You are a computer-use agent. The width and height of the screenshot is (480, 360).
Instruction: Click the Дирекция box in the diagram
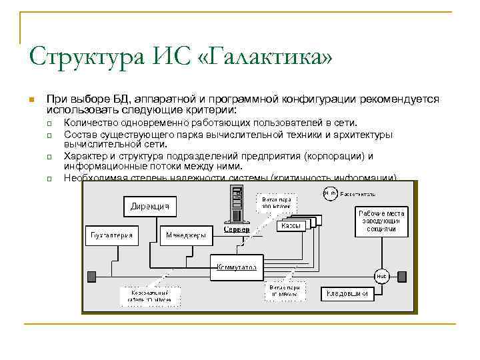[149, 206]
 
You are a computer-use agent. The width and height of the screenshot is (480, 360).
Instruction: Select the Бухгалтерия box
[112, 235]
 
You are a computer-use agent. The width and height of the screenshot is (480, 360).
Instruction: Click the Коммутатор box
[236, 267]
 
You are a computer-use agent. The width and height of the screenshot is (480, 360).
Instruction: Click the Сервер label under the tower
[237, 230]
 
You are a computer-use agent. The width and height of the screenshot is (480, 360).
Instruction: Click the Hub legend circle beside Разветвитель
[329, 194]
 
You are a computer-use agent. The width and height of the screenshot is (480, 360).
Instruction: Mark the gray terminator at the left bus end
[91, 275]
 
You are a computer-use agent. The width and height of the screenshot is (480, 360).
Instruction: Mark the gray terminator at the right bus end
[403, 275]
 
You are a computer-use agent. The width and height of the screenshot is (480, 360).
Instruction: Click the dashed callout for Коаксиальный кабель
[147, 296]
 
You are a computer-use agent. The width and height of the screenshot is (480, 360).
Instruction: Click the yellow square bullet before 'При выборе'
[31, 100]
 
